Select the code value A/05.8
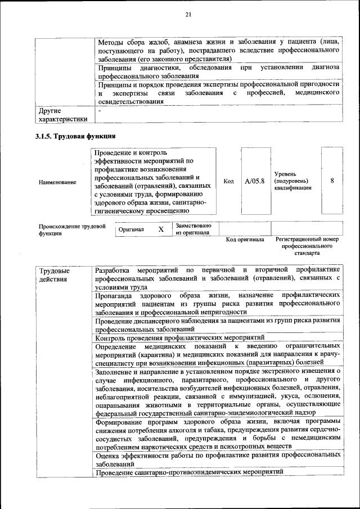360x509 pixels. [255, 181]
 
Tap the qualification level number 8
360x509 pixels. [332, 181]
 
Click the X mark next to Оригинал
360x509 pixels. [161, 229]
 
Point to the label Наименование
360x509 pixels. [58, 182]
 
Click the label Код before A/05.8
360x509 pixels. [228, 181]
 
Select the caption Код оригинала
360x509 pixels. [245, 239]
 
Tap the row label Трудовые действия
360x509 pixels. [55, 274]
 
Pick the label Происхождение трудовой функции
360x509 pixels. [72, 229]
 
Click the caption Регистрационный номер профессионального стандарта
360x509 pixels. [307, 246]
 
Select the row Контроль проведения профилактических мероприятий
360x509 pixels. [180, 338]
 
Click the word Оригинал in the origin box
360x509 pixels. [131, 229]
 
